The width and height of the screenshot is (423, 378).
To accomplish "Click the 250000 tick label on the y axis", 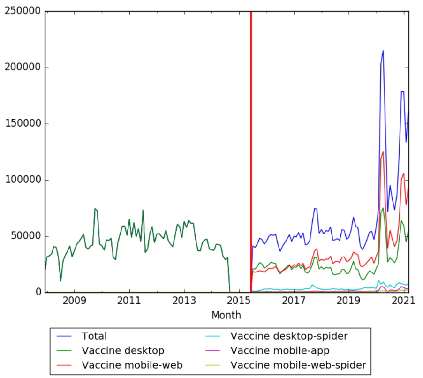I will pyautogui.click(x=23, y=11).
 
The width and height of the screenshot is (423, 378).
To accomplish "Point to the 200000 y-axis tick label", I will pyautogui.click(x=23, y=68).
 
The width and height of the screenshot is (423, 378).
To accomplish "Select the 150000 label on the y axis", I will pyautogui.click(x=23, y=124).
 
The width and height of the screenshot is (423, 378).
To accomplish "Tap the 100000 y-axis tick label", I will pyautogui.click(x=23, y=180).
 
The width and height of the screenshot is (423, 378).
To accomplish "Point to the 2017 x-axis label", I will pyautogui.click(x=294, y=301).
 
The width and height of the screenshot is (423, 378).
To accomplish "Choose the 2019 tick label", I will pyautogui.click(x=348, y=301).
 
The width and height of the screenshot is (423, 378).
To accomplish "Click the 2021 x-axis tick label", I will pyautogui.click(x=403, y=301).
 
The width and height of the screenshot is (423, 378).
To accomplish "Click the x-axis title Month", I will pyautogui.click(x=226, y=315).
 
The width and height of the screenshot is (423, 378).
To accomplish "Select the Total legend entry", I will pyautogui.click(x=94, y=336).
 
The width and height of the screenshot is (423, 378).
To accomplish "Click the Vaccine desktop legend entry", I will pyautogui.click(x=123, y=350).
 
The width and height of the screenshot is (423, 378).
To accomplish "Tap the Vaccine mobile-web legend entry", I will pyautogui.click(x=132, y=365).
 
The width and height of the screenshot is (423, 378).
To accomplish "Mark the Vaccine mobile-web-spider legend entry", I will pyautogui.click(x=298, y=365).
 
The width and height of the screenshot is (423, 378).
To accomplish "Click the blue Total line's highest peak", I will pyautogui.click(x=383, y=51).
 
